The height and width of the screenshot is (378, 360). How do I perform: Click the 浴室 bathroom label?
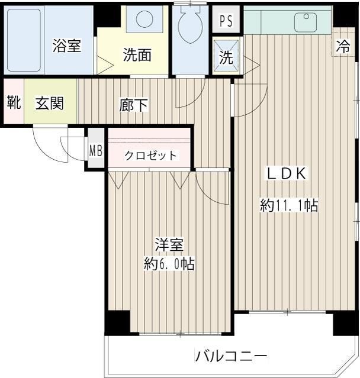[66, 46]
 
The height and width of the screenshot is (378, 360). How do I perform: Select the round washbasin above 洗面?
[144, 20]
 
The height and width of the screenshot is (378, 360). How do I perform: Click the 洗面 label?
[137, 55]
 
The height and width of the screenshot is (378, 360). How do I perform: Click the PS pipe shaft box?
[226, 21]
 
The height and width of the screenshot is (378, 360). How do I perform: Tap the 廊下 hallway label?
[133, 105]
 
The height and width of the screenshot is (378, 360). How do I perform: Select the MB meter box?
[95, 150]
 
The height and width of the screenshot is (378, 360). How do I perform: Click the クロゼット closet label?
[150, 156]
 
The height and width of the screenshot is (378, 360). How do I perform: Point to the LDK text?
[285, 173]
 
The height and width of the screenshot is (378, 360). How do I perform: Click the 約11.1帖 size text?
[289, 206]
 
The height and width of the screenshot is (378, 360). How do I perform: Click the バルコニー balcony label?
[232, 356]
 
